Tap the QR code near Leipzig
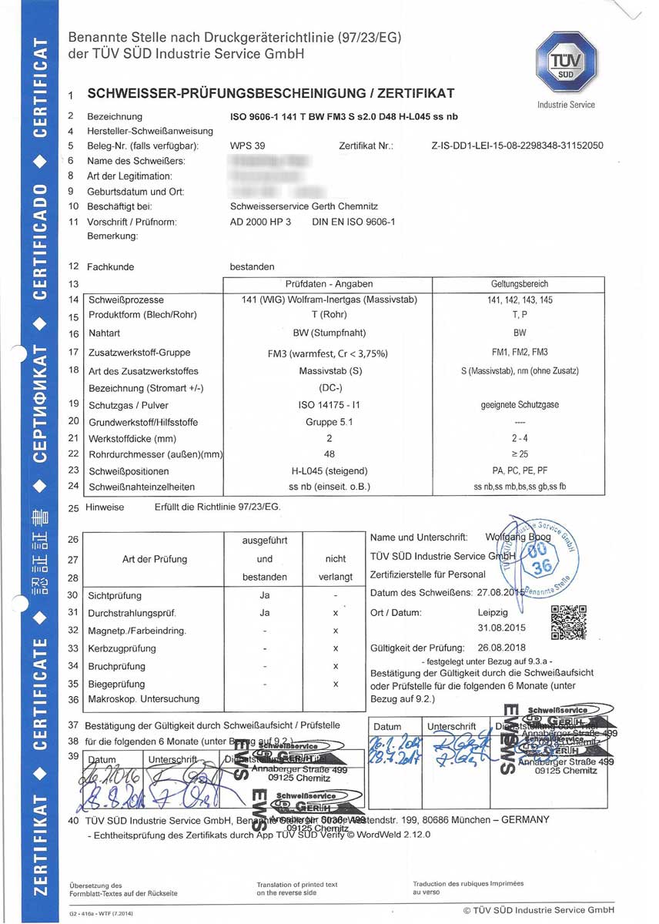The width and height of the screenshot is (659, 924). coord(569,623)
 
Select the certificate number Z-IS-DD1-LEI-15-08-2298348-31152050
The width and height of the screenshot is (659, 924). coord(517,146)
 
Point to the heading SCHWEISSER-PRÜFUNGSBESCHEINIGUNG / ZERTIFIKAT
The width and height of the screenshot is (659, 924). coord(271,94)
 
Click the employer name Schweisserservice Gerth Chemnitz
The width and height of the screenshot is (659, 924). coord(304,206)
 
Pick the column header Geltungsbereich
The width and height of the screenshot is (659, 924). coord(519,283)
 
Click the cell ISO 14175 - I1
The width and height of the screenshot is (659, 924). coord(330,405)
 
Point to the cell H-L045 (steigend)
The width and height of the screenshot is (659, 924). coord(330,470)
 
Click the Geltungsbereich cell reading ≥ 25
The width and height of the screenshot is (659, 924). coord(519,454)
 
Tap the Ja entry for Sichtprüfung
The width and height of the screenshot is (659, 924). coord(265,595)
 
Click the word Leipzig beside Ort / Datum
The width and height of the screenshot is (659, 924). coord(493,613)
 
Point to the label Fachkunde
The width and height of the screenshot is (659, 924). coord(110,266)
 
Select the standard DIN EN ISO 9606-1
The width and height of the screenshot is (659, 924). coord(353,222)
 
